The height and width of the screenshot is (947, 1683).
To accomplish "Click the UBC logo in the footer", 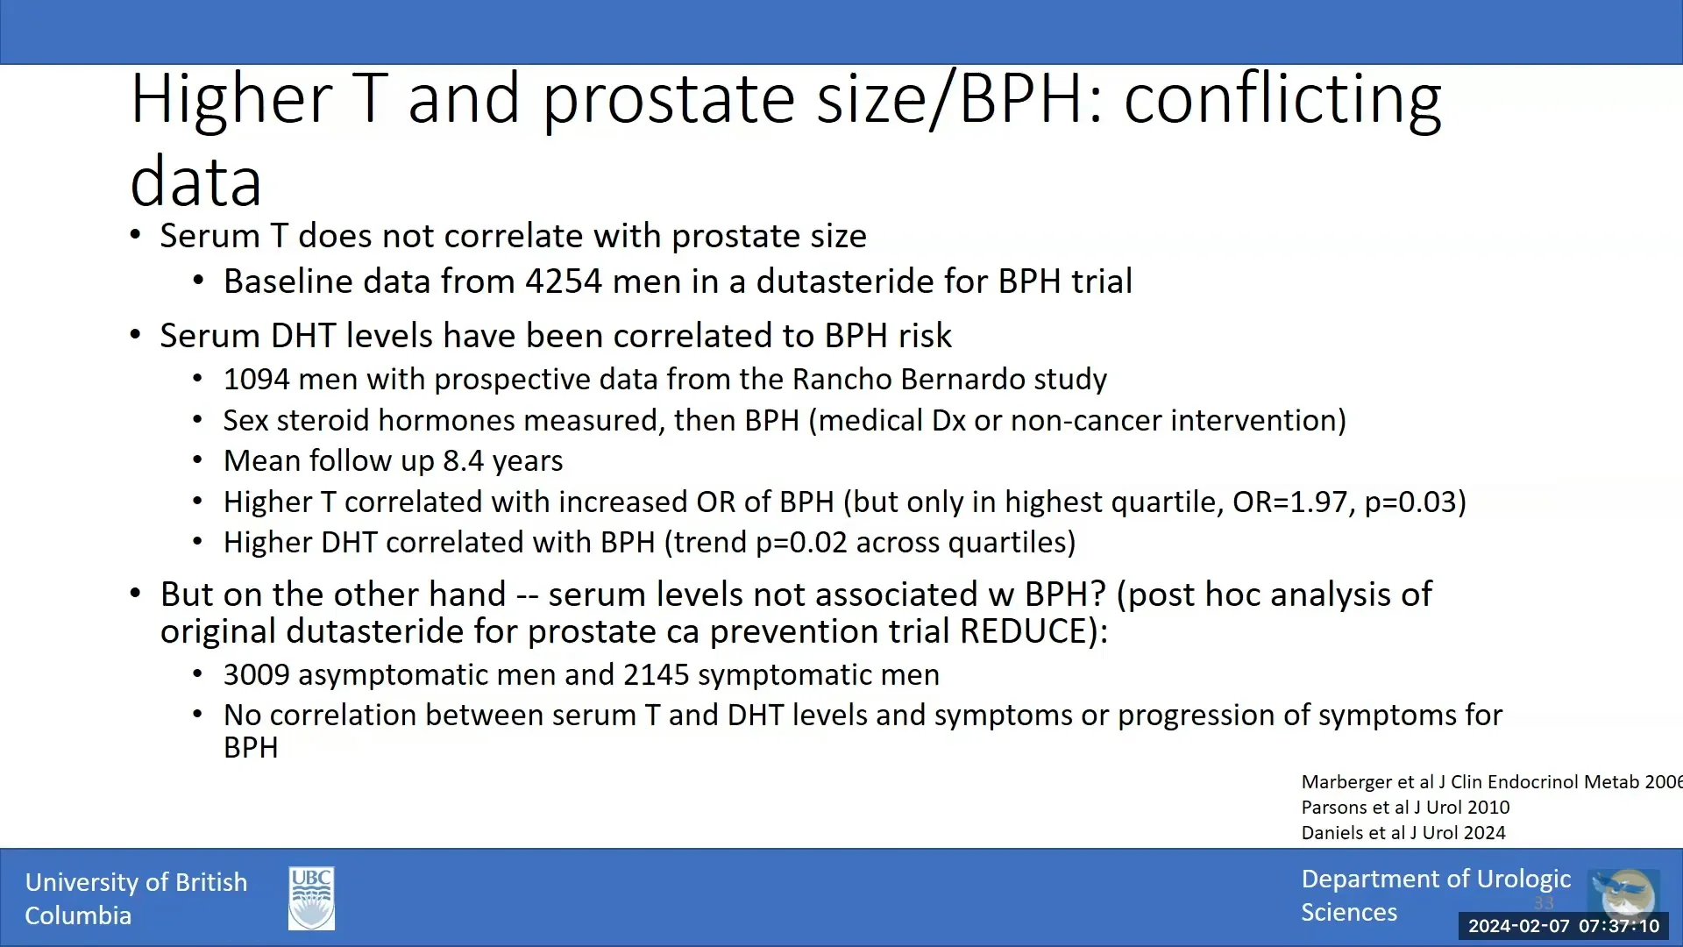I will [311, 899].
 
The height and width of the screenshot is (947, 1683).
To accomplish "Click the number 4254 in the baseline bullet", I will [564, 281].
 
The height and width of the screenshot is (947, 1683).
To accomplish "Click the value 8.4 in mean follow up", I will [463, 461].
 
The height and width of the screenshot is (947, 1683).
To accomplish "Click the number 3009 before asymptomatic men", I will [256, 674].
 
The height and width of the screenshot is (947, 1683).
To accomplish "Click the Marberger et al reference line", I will [1490, 782].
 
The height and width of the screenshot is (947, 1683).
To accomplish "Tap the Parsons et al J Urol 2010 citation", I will [1405, 808].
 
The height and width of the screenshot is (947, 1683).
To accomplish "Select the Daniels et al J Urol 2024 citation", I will [1402, 833].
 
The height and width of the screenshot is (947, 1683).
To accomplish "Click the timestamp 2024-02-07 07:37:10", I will [1563, 926].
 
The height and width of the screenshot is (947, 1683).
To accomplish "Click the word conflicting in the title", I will [1282, 98].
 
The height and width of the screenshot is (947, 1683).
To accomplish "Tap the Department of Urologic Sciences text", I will [1435, 895].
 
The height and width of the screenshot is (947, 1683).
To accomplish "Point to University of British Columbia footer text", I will [136, 899].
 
